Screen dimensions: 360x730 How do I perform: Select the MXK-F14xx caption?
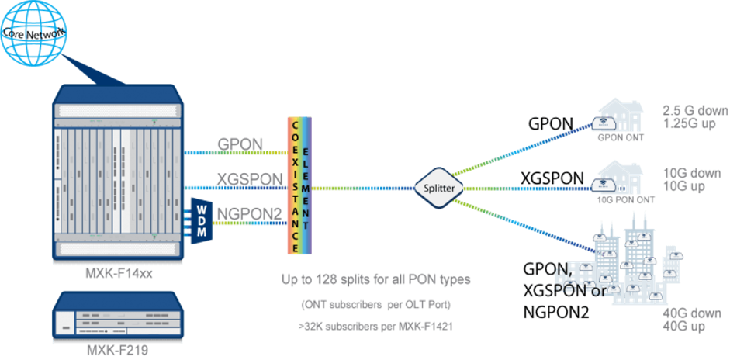pyautogui.click(x=115, y=272)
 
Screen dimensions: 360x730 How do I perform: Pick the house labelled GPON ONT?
pyautogui.click(x=617, y=119)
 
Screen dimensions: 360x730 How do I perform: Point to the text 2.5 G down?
pyautogui.click(x=695, y=111)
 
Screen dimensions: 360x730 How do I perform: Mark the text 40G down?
pyautogui.click(x=691, y=313)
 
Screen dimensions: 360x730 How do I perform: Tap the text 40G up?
pyautogui.click(x=685, y=327)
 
